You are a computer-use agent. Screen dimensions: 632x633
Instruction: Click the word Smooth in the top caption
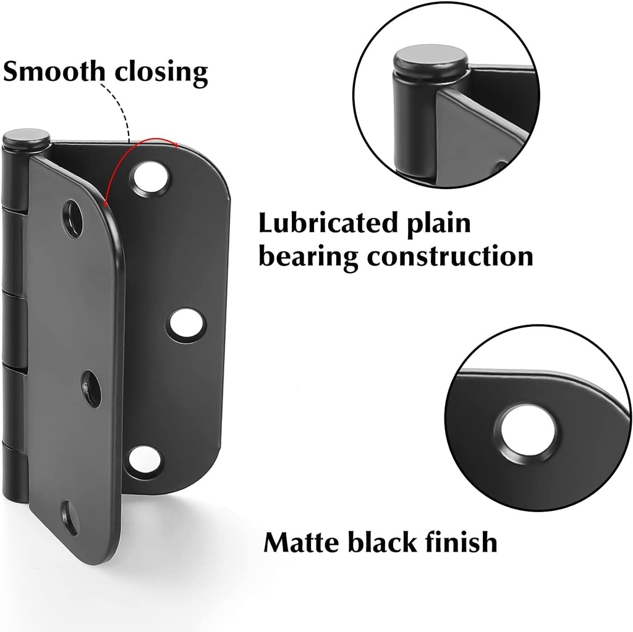tap(53, 72)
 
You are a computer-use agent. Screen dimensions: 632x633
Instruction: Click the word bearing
tap(307, 256)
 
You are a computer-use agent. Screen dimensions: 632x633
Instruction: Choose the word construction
tap(449, 256)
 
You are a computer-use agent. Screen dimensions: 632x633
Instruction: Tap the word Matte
tap(301, 542)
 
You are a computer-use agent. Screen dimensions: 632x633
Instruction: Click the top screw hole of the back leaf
tap(150, 177)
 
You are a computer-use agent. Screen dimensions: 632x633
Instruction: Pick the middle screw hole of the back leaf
tap(185, 324)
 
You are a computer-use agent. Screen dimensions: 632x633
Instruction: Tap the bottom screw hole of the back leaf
tap(143, 461)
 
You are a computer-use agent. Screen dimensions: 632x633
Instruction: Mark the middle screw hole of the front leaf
tap(91, 389)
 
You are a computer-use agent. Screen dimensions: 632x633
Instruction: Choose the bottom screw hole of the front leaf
tap(70, 518)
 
